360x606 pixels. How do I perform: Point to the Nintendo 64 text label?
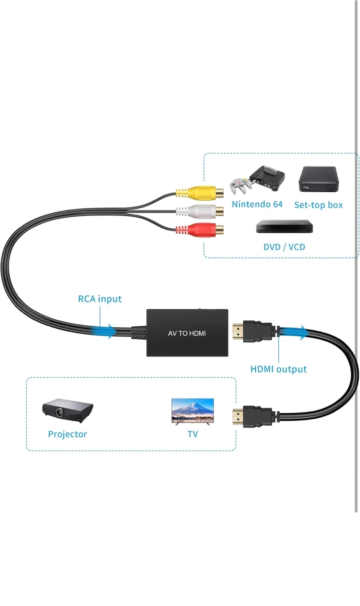(x=257, y=205)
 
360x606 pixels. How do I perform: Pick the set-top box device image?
(x=319, y=180)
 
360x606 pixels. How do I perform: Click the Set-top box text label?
(x=318, y=205)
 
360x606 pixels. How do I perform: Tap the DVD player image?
(x=285, y=227)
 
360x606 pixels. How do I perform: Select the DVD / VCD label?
(x=284, y=247)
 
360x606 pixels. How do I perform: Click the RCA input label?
(x=100, y=299)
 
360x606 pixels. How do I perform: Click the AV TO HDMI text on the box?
(x=187, y=333)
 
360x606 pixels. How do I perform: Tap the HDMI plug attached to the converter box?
(x=253, y=332)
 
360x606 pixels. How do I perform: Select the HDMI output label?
(x=278, y=369)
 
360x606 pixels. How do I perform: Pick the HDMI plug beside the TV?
(x=253, y=417)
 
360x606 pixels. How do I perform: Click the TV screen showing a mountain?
(x=192, y=410)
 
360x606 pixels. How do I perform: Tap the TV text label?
(x=192, y=434)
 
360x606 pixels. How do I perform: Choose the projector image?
(x=67, y=408)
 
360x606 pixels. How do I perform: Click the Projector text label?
(x=67, y=434)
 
